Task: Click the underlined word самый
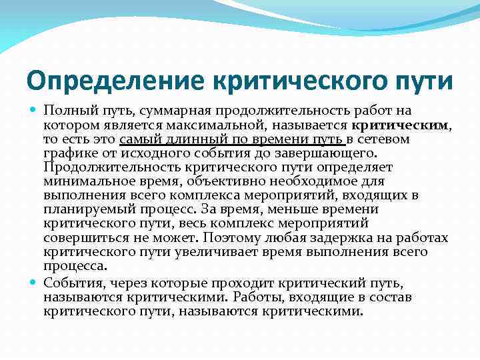[140, 139]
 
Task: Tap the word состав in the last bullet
[393, 297]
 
